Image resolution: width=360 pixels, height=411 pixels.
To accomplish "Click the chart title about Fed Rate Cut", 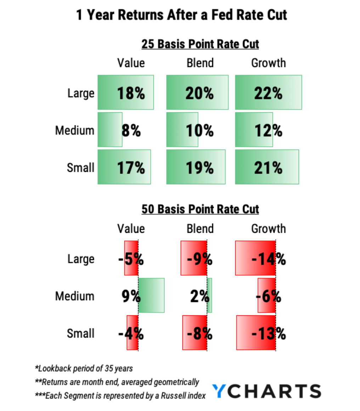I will pyautogui.click(x=181, y=16).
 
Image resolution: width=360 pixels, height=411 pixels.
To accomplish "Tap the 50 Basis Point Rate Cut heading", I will pyautogui.click(x=200, y=209).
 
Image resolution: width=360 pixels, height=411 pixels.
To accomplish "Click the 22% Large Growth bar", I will pyautogui.click(x=268, y=92).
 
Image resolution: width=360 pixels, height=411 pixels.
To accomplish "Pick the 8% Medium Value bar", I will pyautogui.click(x=110, y=130).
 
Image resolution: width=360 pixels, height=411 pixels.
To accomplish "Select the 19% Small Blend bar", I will pyautogui.click(x=196, y=167).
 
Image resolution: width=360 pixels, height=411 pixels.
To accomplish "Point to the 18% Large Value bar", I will pyautogui.click(x=125, y=92).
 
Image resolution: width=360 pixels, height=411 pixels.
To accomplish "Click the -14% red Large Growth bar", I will pyautogui.click(x=255, y=258).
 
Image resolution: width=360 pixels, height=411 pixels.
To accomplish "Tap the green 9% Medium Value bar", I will pyautogui.click(x=151, y=295).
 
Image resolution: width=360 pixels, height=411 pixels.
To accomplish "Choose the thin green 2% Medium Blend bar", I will pyautogui.click(x=209, y=295).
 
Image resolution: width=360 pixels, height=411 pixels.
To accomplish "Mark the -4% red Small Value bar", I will pyautogui.click(x=133, y=333).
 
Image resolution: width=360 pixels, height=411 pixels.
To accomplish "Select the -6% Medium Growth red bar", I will pyautogui.click(x=266, y=295).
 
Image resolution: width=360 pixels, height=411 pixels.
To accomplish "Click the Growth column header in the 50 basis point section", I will pyautogui.click(x=268, y=229).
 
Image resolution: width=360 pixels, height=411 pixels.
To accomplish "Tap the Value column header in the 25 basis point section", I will pyautogui.click(x=131, y=63).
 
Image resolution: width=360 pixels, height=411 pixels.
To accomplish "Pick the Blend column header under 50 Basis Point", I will pyautogui.click(x=200, y=229).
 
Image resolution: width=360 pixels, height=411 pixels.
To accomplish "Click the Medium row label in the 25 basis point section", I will pyautogui.click(x=75, y=130).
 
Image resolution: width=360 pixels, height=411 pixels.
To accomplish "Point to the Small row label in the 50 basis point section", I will pyautogui.click(x=81, y=333).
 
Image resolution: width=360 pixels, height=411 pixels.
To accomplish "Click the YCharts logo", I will pyautogui.click(x=266, y=391).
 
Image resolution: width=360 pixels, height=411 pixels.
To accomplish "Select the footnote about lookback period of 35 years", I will pyautogui.click(x=84, y=368).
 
